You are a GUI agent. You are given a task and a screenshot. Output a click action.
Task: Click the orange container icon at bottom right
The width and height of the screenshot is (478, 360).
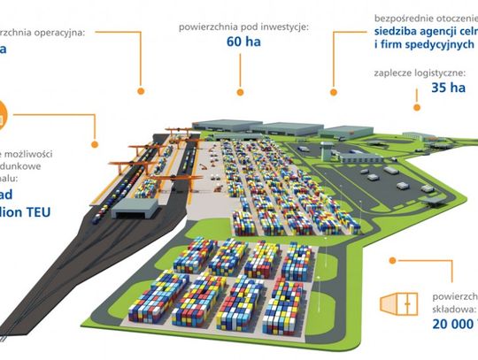tap(397, 304)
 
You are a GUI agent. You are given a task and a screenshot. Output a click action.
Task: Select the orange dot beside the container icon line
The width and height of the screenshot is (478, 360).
tap(393, 261)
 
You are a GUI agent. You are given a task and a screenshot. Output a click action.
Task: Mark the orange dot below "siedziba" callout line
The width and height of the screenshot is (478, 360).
tap(335, 88)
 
